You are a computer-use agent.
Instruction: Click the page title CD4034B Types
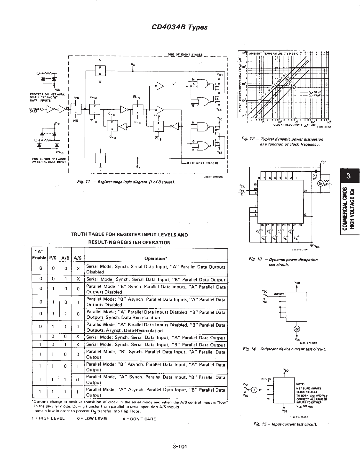coord(179,27)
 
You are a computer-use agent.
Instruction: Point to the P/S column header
coord(53,258)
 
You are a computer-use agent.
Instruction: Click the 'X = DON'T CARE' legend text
coord(139,419)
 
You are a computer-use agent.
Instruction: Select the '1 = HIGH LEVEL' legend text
coord(48,419)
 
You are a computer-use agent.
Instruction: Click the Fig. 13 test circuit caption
coord(283,262)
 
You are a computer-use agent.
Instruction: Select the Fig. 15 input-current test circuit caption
coord(285,424)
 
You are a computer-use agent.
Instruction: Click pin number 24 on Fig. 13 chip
coord(306,191)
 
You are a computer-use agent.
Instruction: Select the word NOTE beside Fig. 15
coord(300,384)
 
